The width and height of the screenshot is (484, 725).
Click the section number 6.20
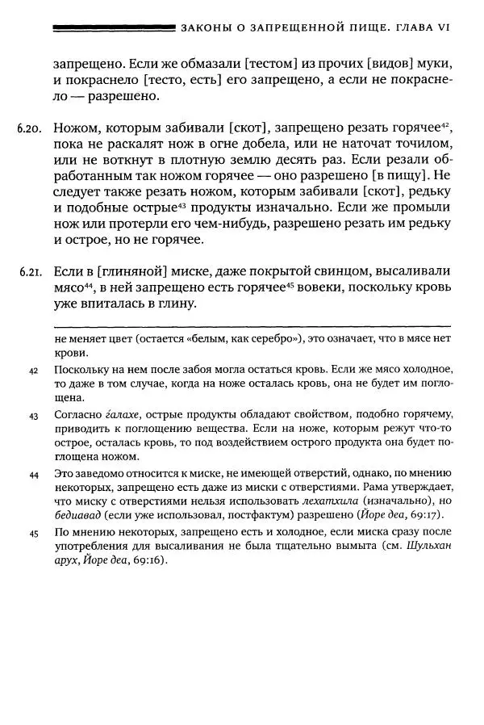pos(29,129)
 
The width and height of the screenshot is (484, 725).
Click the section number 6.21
pos(29,270)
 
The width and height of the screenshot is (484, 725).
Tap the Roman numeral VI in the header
pos(443,27)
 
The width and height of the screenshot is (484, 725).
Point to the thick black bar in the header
pos(113,27)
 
